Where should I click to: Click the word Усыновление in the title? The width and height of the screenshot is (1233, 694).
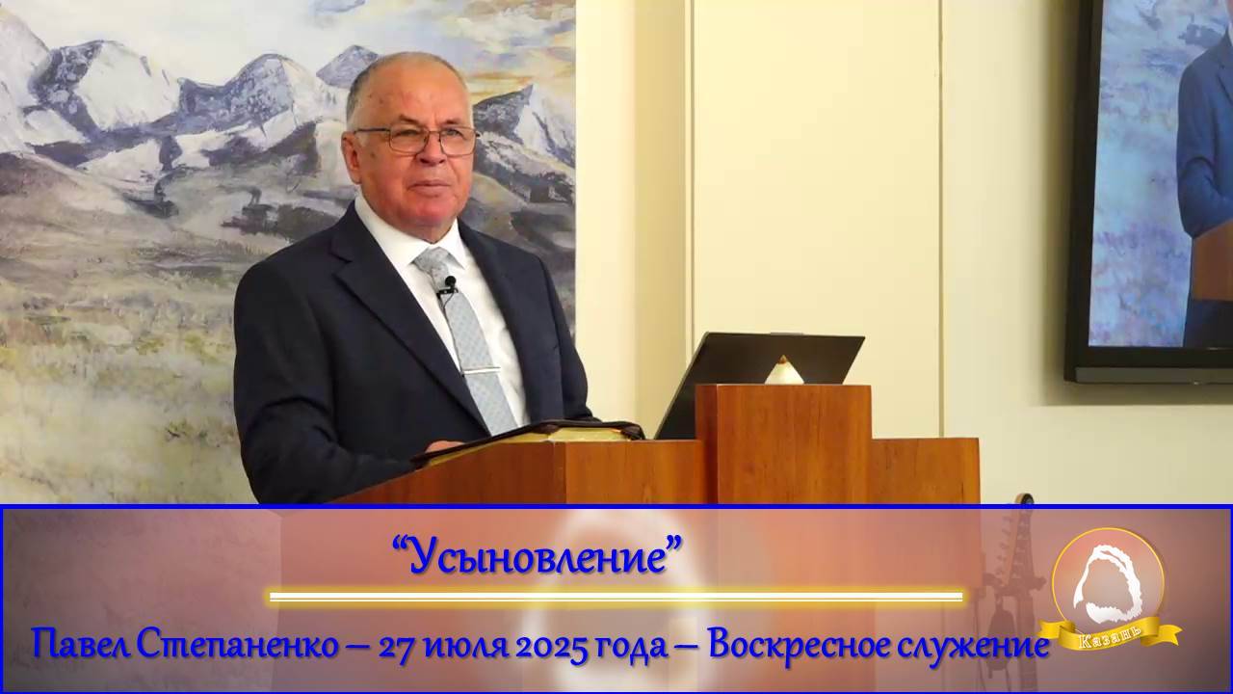[538, 556]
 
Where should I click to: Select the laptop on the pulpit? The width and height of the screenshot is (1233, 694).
[761, 376]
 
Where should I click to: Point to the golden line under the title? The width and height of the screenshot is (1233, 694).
[616, 597]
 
